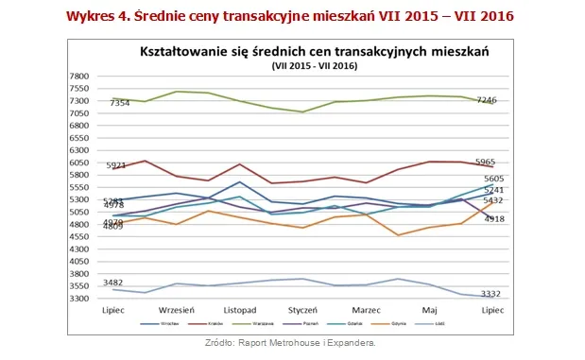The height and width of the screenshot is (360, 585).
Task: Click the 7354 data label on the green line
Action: point(121,102)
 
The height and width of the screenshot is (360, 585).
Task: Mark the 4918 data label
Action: point(494,218)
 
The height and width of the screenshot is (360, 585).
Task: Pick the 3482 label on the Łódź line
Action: point(113,283)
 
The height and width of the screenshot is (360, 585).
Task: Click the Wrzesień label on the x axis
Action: point(177,311)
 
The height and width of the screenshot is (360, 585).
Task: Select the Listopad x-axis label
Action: point(239,311)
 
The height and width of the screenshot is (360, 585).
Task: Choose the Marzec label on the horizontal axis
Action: point(366,311)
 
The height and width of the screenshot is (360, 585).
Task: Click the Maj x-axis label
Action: point(429,311)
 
